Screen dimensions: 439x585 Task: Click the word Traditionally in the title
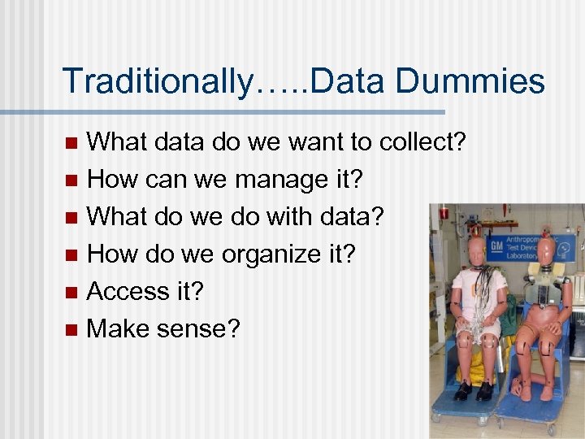pos(154,81)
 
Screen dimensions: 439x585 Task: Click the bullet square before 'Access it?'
pos(71,292)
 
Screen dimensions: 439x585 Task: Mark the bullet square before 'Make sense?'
pos(71,329)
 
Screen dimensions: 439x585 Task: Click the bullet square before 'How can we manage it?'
pos(71,180)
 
